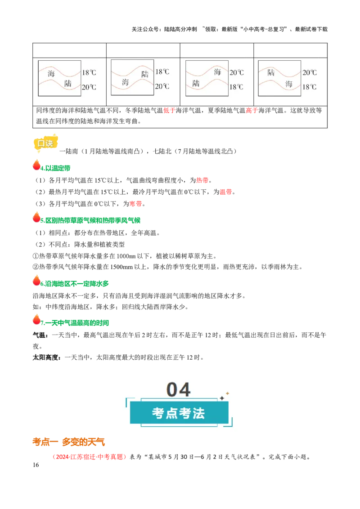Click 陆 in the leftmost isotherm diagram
tap(68, 83)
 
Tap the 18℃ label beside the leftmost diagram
tap(89, 72)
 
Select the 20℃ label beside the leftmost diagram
tap(89, 87)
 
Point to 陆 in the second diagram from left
tap(144, 74)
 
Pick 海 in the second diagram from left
tap(125, 82)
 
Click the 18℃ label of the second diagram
tap(162, 71)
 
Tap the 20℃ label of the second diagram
tap(162, 86)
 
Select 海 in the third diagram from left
tap(217, 72)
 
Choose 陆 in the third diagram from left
tap(196, 83)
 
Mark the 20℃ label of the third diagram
tap(236, 72)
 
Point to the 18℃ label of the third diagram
tap(236, 87)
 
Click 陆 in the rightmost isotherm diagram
tap(271, 72)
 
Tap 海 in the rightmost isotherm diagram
tap(288, 84)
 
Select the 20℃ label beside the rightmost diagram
tap(309, 72)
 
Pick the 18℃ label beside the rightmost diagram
tap(309, 87)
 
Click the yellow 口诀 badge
tap(46, 143)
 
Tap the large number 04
tap(179, 390)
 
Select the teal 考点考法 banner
tap(179, 413)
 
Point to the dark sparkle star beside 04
tap(222, 398)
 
